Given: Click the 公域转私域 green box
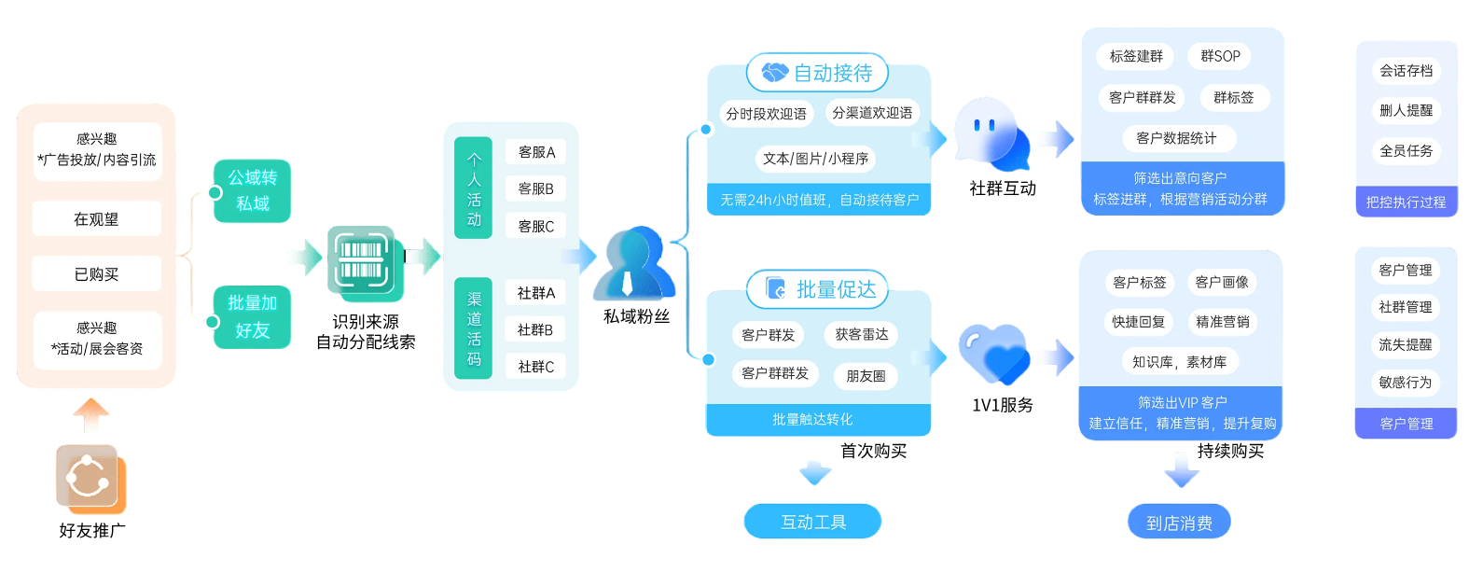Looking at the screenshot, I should [252, 190].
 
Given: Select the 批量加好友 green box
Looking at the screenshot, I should [252, 316].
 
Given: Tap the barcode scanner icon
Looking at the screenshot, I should [363, 261].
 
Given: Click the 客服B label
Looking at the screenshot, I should [536, 188].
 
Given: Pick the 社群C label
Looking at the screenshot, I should [536, 367].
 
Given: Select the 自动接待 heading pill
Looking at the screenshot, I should [818, 73].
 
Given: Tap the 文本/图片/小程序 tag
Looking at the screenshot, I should [815, 159].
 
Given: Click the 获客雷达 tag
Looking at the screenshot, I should [862, 334].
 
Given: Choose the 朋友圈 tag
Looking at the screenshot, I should [866, 376].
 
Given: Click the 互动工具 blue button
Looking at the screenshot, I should [812, 522].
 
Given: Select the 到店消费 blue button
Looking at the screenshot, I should [1179, 523].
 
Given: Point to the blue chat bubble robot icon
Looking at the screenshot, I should [990, 133].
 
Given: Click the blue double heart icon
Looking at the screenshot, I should [994, 353].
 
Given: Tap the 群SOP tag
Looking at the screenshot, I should [1220, 56].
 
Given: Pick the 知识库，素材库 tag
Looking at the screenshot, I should [1180, 362].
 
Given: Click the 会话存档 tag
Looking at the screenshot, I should [1406, 71].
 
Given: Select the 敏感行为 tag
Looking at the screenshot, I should [1406, 382].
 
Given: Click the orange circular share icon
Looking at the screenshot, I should [89, 478].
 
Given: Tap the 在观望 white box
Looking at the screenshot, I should [97, 219].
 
